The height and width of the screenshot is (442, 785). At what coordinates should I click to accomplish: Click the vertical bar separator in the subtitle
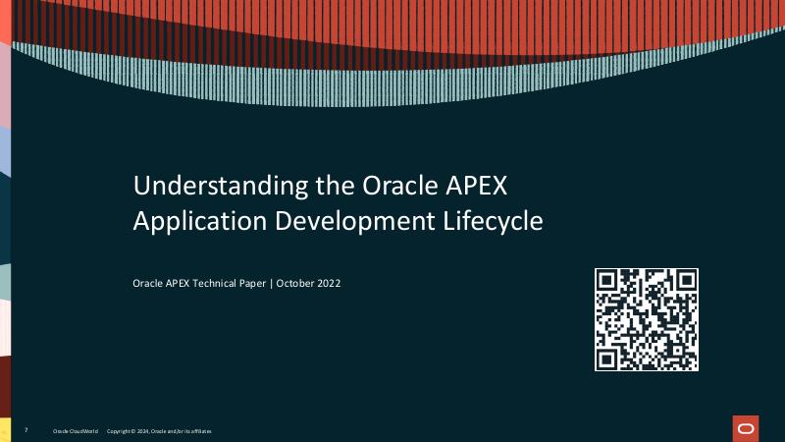(272, 283)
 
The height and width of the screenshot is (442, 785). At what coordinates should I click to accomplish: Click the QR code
(647, 319)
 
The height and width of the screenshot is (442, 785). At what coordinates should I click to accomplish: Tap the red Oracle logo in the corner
(745, 429)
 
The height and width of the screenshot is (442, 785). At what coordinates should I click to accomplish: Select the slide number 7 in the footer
(26, 430)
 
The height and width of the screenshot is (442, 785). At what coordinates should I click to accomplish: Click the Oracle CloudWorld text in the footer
(75, 431)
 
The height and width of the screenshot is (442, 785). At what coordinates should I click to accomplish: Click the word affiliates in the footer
(200, 431)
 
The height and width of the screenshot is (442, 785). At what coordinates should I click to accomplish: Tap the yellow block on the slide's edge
(5, 429)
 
